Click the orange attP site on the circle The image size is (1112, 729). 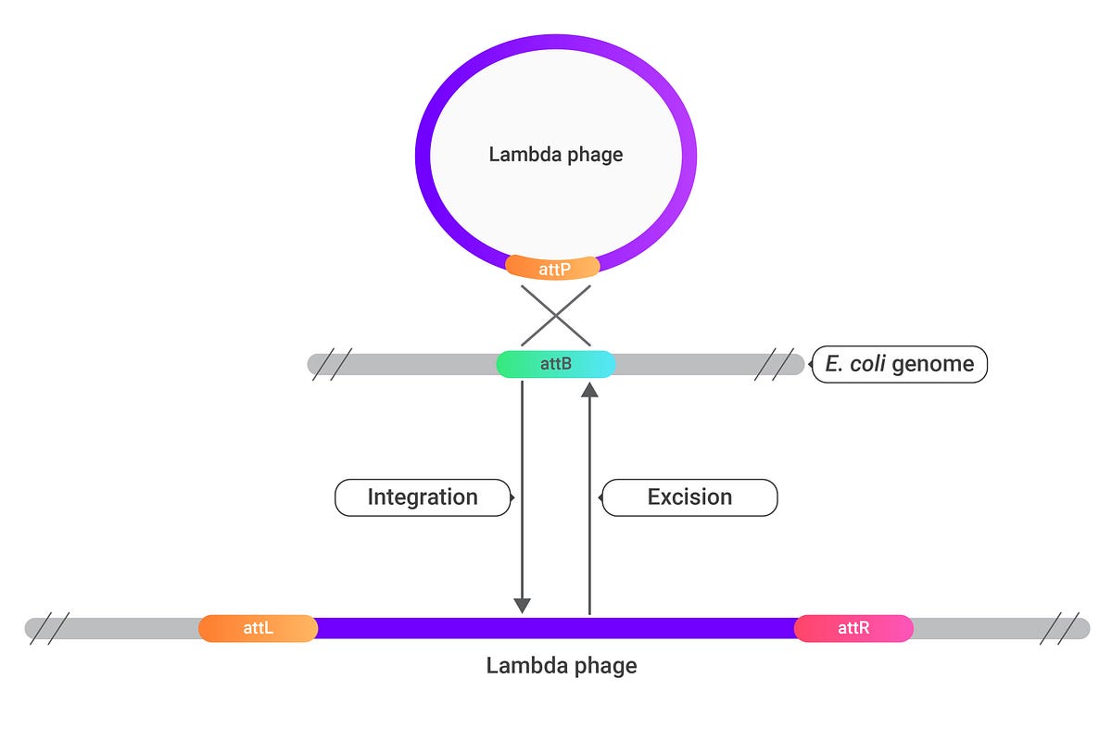[x=553, y=269]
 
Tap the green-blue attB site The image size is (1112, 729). [x=555, y=364]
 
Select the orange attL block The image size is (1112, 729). [x=258, y=629]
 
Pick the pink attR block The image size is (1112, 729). [x=853, y=629]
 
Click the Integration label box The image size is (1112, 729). [x=422, y=497]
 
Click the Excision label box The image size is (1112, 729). [x=690, y=497]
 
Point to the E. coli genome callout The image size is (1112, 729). [x=899, y=364]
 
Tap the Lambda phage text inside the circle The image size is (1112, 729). [x=555, y=155]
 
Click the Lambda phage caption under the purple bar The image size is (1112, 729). [x=562, y=665]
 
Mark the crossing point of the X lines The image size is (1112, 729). [x=555, y=315]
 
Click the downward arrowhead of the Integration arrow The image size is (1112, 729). [x=522, y=605]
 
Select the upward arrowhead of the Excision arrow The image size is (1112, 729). [x=589, y=391]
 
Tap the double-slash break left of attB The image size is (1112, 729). [x=332, y=364]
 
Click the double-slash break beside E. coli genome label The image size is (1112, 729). [x=774, y=364]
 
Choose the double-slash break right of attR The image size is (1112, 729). [x=1056, y=629]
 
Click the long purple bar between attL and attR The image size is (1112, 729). [x=556, y=629]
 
